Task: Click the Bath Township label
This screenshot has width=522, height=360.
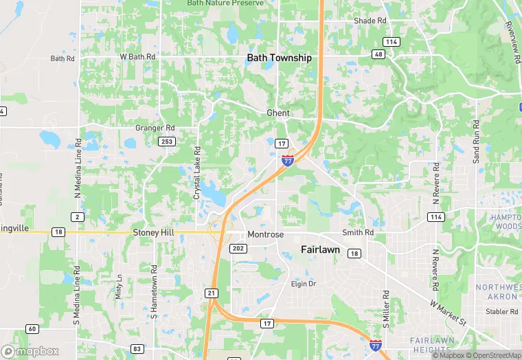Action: coord(279,58)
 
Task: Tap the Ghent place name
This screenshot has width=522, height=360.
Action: coord(278,113)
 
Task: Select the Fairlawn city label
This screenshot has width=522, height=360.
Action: coord(320,250)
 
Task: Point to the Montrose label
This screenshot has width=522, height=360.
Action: coord(266,234)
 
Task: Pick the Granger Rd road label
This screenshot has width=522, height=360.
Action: coord(155,128)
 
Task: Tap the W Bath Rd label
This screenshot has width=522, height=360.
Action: coord(137,56)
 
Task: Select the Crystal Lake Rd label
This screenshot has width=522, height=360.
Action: coord(197,173)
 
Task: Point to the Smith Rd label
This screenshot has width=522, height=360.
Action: coord(358,233)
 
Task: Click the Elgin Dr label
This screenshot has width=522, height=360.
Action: coord(303,284)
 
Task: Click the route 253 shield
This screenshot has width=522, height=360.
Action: coord(166,141)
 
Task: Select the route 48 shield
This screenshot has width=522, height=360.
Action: coord(378,54)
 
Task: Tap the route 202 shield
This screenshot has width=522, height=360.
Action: coord(238,248)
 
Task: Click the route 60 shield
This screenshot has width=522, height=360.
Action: coord(32,329)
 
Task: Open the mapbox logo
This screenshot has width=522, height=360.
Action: coord(30,351)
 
